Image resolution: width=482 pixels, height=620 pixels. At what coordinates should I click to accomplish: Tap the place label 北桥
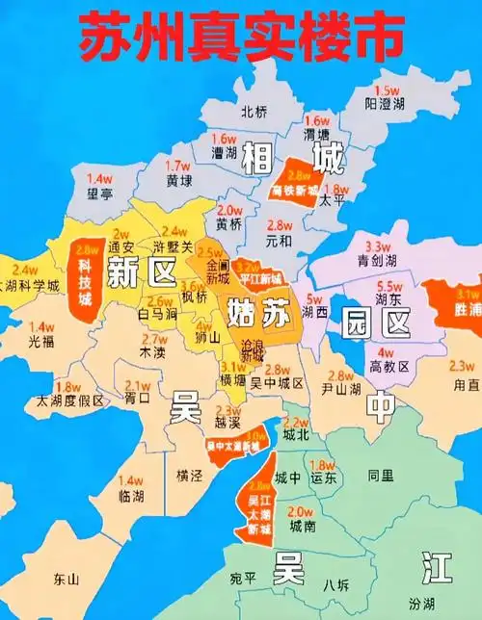[254, 111]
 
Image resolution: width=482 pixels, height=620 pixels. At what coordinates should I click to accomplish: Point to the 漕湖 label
[225, 152]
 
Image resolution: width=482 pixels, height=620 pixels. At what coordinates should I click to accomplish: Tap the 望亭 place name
[100, 193]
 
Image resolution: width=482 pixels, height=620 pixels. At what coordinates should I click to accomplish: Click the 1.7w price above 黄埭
[178, 166]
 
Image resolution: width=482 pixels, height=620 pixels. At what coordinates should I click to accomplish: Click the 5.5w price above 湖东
[389, 286]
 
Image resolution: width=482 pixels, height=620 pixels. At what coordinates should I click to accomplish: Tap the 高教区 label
[390, 367]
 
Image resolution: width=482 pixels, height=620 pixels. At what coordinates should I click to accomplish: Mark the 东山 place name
[67, 580]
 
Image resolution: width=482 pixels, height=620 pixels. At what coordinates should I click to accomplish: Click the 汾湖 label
[449, 604]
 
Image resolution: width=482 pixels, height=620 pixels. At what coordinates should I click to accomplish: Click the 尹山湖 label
[341, 389]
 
